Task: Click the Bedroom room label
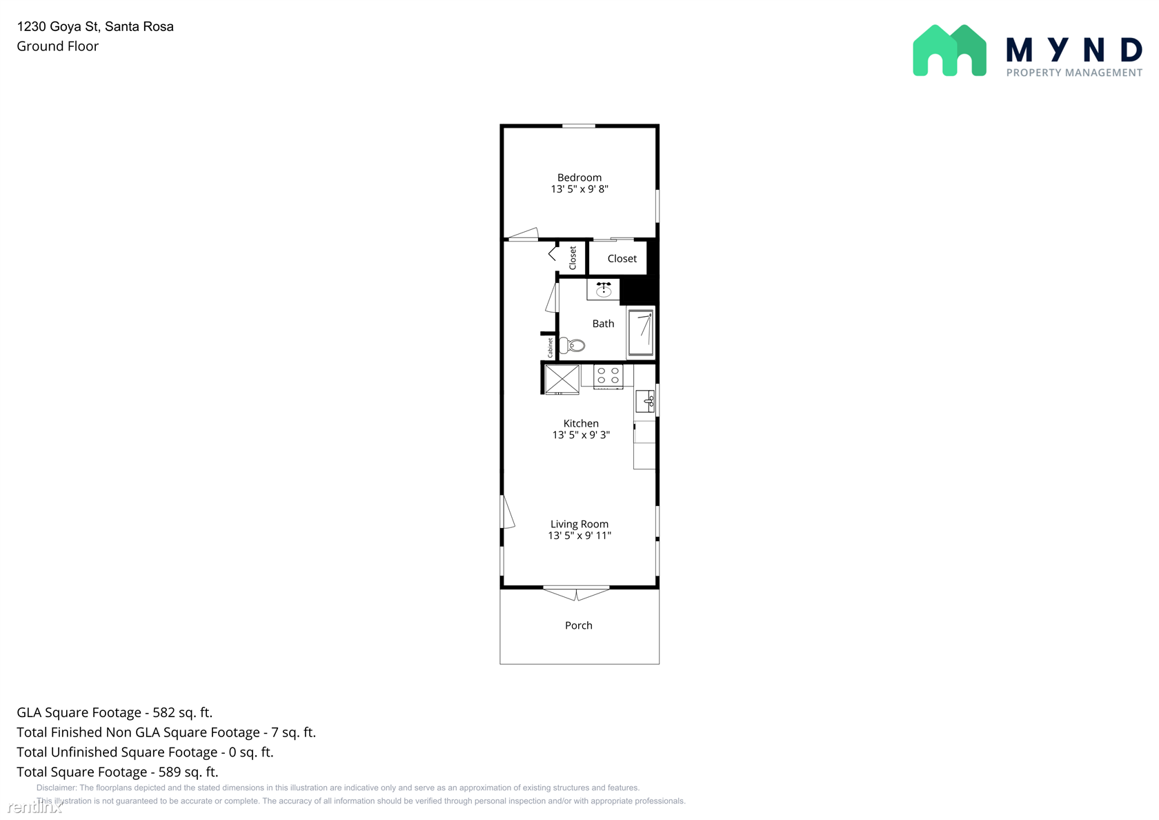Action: click(x=579, y=177)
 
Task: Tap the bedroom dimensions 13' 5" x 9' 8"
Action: click(x=579, y=189)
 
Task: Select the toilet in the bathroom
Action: click(x=573, y=345)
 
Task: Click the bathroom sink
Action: click(x=603, y=289)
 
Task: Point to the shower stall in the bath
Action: click(x=640, y=333)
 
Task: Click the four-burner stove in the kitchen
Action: click(x=608, y=376)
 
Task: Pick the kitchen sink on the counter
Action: click(x=645, y=401)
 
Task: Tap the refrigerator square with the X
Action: click(x=562, y=380)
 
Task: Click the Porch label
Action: click(x=578, y=625)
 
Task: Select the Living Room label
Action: click(x=579, y=524)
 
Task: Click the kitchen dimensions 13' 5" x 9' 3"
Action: click(x=581, y=435)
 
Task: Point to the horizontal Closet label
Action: click(x=622, y=258)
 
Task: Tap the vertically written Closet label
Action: click(x=573, y=258)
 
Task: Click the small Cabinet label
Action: click(x=550, y=347)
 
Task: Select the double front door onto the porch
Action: click(x=576, y=593)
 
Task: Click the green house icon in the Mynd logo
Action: click(x=949, y=50)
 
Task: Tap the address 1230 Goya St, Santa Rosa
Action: click(x=95, y=26)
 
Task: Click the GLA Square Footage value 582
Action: click(x=164, y=712)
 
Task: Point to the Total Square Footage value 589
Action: click(x=169, y=772)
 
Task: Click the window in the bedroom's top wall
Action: click(x=578, y=126)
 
